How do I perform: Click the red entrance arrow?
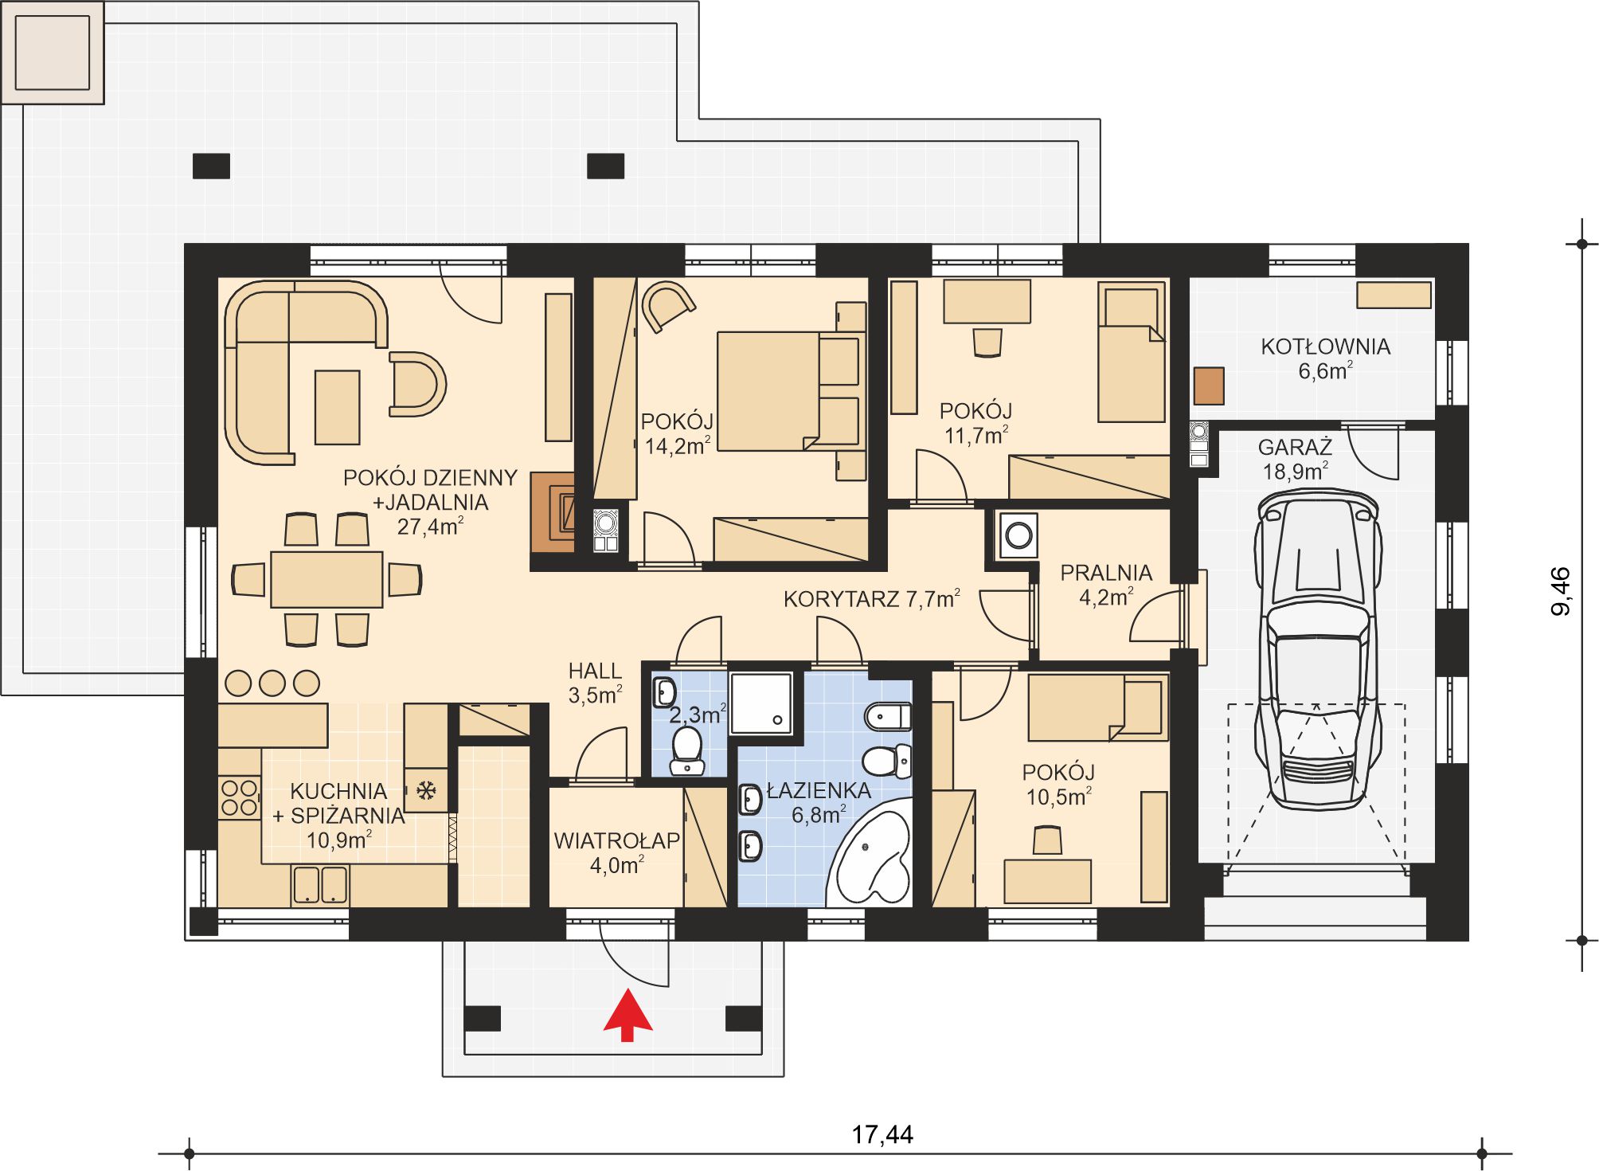pos(627,1016)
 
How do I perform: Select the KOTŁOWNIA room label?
pos(1326,347)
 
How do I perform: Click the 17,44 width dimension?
pos(882,1134)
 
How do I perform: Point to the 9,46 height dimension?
pos(1562,591)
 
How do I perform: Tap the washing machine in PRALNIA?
pos(1018,534)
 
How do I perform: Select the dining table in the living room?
pos(326,579)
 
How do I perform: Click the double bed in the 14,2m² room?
pos(788,391)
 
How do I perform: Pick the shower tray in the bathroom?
pos(762,703)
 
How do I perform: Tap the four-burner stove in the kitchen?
pos(240,797)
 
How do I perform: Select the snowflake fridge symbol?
pos(426,790)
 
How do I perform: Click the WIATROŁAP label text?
pos(617,840)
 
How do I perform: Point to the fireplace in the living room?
pos(553,512)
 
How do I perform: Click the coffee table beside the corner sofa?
pos(338,407)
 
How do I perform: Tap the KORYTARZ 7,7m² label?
pos(872,599)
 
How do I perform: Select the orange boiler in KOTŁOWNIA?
pos(1209,386)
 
